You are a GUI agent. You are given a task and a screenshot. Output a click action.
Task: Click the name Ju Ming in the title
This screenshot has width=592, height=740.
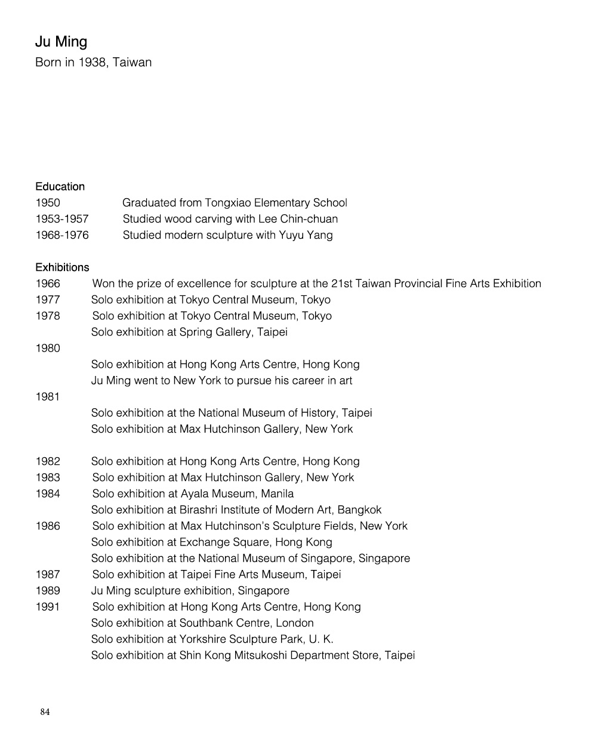tap(61, 42)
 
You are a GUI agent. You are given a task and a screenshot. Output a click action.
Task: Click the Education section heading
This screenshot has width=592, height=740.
tap(60, 187)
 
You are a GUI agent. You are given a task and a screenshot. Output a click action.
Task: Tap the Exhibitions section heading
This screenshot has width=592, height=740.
tap(62, 267)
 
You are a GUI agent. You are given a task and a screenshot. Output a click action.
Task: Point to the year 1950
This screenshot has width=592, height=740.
tap(48, 203)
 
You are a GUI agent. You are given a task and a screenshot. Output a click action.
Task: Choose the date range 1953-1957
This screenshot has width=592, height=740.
tap(61, 219)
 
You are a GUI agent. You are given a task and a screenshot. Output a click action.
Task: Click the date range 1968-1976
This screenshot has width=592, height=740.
tap(61, 235)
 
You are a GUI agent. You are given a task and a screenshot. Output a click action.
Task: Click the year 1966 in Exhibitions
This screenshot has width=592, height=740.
tap(48, 283)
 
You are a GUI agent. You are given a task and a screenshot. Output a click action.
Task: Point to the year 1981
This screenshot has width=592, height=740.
tap(48, 397)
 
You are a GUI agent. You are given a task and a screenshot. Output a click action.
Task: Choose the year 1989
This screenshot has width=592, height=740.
tap(48, 591)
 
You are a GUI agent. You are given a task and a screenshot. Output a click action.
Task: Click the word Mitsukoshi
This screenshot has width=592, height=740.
tap(266, 655)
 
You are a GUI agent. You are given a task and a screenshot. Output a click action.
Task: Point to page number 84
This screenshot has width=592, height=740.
tap(45, 711)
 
